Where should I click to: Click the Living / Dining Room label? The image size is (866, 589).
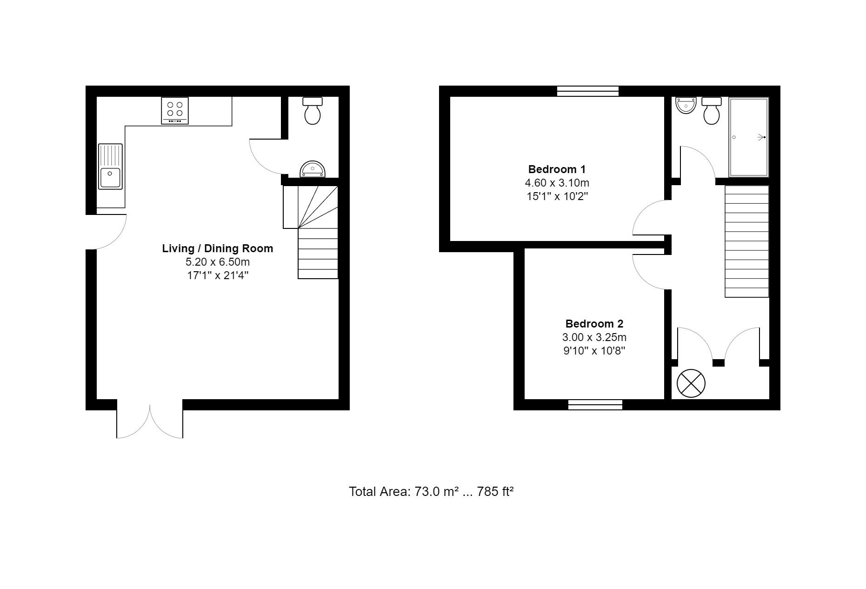(x=218, y=248)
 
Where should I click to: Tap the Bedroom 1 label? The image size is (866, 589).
(x=557, y=169)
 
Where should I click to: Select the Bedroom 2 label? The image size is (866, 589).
(x=594, y=324)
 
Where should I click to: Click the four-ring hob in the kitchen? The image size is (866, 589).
(x=175, y=111)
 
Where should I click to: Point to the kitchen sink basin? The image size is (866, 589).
(x=110, y=177)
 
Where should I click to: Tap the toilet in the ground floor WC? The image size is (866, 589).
(x=313, y=110)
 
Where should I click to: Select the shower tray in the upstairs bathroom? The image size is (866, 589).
(x=748, y=137)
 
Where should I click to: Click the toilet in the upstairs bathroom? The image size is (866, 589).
(x=712, y=111)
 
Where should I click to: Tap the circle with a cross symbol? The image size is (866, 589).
(x=691, y=384)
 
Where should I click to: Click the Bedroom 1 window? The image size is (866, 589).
(x=588, y=91)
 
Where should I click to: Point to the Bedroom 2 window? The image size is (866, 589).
(x=595, y=405)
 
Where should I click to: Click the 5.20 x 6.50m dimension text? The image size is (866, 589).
(x=218, y=262)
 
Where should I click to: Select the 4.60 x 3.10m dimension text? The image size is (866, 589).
(x=557, y=183)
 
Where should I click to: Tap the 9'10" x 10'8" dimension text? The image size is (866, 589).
(x=594, y=351)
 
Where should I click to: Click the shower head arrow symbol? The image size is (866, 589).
(x=761, y=137)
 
